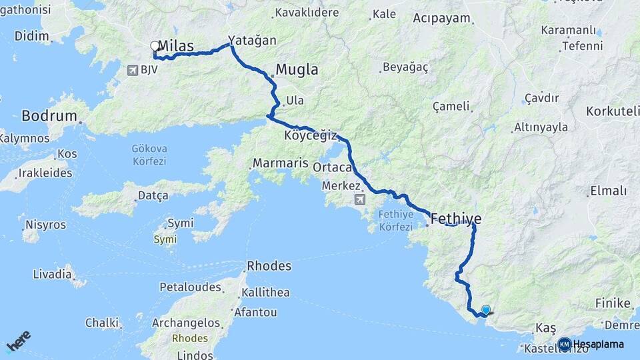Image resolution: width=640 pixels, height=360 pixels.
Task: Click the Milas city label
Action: click(177, 46)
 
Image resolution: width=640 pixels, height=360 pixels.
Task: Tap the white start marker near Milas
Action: click(155, 46)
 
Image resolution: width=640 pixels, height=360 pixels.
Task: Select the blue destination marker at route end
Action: click(486, 309)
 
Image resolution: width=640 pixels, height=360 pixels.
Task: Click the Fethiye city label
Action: click(456, 218)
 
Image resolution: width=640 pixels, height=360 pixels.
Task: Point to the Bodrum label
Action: click(49, 116)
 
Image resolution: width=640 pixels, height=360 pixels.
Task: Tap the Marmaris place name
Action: click(280, 163)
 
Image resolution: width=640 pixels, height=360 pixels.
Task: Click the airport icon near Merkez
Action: click(361, 199)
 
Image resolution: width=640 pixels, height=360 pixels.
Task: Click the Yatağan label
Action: click(252, 41)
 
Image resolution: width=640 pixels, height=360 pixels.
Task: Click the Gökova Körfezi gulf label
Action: click(149, 155)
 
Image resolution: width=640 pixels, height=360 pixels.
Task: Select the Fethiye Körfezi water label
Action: click(397, 221)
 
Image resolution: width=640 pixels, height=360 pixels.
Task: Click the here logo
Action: click(19, 342)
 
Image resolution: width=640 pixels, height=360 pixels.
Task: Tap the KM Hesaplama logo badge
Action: click(565, 344)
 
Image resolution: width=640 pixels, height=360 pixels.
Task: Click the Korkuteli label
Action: click(612, 111)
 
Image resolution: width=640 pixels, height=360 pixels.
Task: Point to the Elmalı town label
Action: click(608, 191)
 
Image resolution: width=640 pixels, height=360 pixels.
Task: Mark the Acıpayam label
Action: click(441, 18)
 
